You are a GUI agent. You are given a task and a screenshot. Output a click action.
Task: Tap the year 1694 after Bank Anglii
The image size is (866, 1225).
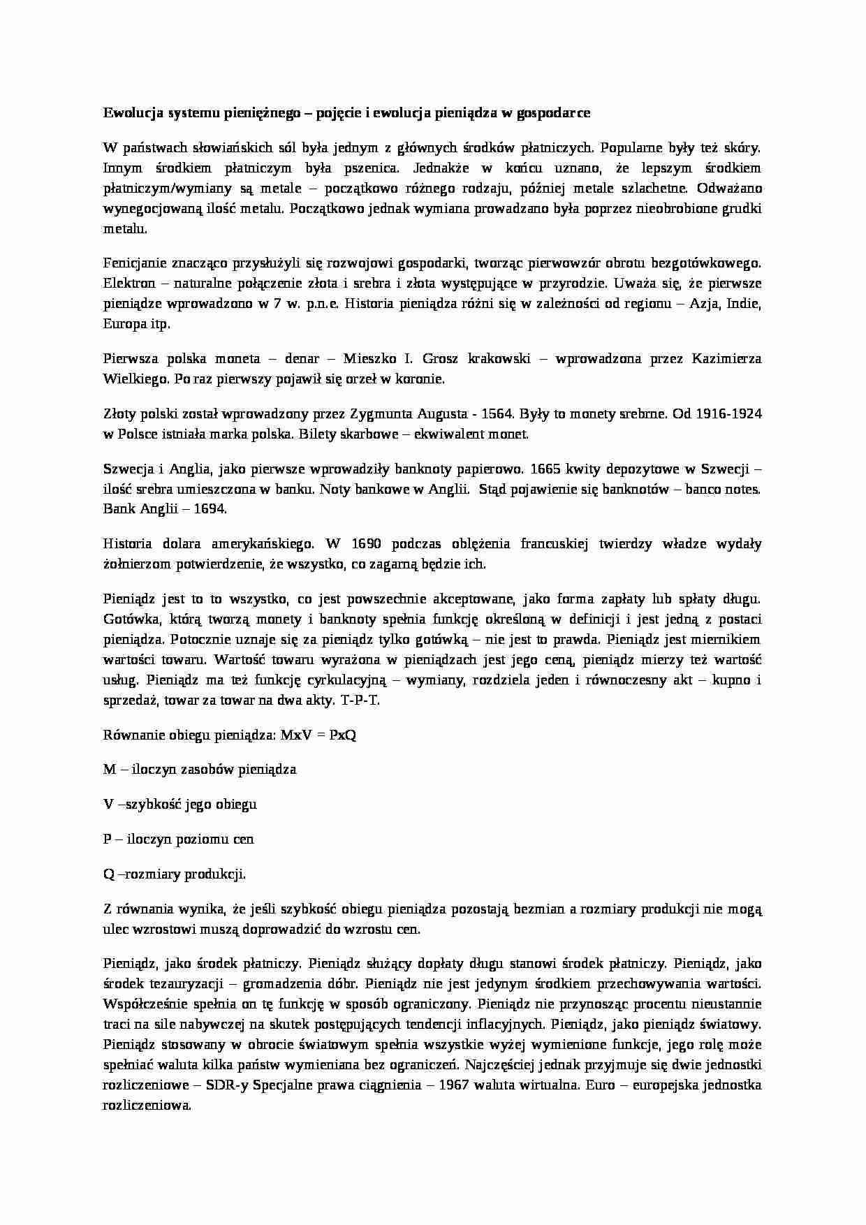pyautogui.click(x=212, y=509)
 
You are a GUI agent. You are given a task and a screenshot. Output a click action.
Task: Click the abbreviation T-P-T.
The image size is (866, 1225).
pyautogui.click(x=360, y=700)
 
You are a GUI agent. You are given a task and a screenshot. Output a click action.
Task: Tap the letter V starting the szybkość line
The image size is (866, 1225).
pyautogui.click(x=108, y=804)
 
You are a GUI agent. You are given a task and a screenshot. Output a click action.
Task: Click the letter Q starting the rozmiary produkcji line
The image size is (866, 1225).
pyautogui.click(x=108, y=874)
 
